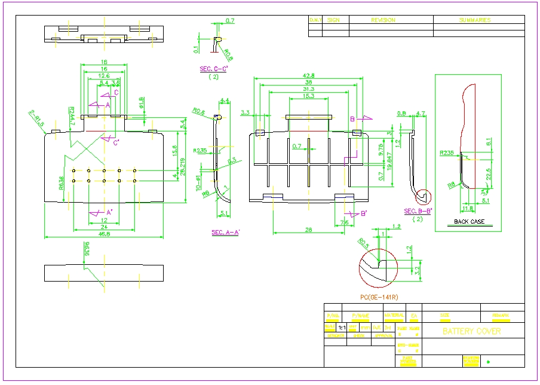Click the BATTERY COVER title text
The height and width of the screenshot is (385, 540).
[x=471, y=331]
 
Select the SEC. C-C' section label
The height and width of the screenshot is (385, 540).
[x=214, y=69]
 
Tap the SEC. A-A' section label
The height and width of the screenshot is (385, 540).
[x=225, y=232]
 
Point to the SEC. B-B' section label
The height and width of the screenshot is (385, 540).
[x=418, y=211]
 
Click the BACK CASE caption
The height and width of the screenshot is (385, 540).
[x=469, y=222]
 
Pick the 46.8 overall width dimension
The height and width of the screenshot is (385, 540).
[x=104, y=234]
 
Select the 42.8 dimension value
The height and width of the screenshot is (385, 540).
[x=308, y=75]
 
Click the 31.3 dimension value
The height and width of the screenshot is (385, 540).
[x=308, y=89]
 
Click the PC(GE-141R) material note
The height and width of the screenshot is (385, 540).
[x=379, y=297]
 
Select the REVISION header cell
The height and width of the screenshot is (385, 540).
[x=383, y=20]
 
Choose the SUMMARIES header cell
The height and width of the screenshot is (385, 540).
[x=474, y=20]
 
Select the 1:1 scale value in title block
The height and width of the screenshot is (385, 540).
[x=342, y=328]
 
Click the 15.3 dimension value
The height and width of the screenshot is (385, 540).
[x=308, y=96]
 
